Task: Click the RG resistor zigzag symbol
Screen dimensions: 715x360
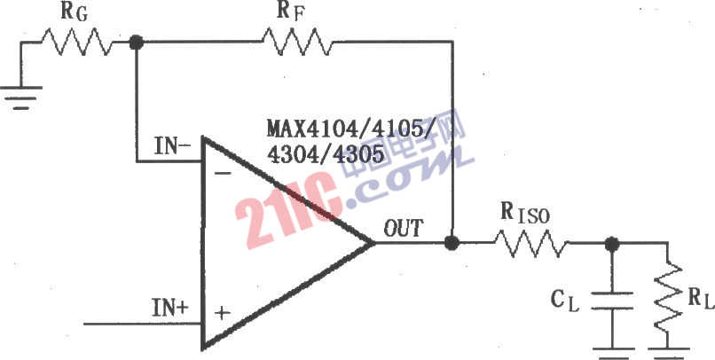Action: [76, 42]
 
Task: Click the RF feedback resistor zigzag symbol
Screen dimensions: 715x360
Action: [297, 42]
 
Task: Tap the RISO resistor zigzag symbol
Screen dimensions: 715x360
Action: [531, 243]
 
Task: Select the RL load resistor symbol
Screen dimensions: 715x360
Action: [669, 296]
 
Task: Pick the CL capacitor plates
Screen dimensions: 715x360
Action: [611, 301]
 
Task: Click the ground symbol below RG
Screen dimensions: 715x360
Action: [21, 98]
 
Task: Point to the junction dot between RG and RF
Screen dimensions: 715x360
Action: [136, 43]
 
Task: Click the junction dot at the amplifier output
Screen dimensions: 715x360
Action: [452, 243]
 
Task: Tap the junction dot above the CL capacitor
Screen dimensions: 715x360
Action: [611, 244]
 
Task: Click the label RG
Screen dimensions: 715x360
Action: [75, 12]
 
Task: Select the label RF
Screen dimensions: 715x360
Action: [290, 12]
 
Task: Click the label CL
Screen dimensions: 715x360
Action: [565, 300]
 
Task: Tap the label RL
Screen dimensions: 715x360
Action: [701, 300]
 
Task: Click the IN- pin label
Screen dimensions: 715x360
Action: [172, 146]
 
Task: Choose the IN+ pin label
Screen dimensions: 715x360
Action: [169, 309]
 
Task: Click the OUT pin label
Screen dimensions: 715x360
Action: [404, 228]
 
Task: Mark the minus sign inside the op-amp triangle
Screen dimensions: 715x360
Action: [219, 175]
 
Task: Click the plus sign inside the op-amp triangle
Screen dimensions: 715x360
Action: [222, 314]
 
